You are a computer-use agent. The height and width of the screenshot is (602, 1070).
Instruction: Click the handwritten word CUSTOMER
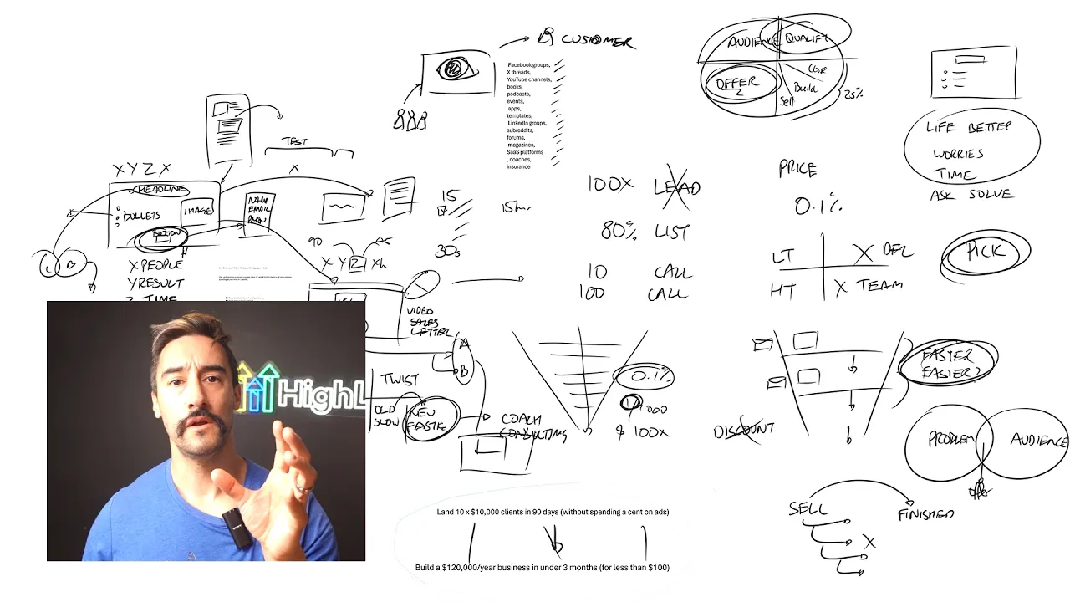click(x=598, y=40)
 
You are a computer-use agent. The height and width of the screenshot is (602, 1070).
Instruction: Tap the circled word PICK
click(x=986, y=253)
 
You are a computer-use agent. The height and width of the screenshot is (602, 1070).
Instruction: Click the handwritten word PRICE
click(x=797, y=170)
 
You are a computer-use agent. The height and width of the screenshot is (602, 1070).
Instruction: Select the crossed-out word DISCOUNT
click(x=744, y=431)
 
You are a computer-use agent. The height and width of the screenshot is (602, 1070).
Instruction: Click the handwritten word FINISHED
click(x=925, y=514)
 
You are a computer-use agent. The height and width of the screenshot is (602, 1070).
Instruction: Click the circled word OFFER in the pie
click(x=736, y=84)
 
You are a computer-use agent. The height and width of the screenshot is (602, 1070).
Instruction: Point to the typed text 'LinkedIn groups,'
click(x=527, y=124)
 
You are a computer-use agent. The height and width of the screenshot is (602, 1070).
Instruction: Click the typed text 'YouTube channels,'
click(x=528, y=79)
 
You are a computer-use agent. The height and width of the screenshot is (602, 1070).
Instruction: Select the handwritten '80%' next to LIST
click(x=618, y=230)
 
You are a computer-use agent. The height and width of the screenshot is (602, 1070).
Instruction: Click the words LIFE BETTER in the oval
click(x=968, y=128)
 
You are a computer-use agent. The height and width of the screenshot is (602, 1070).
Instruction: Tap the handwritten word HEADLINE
click(x=163, y=190)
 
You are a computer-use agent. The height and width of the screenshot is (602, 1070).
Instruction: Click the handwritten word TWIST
click(x=400, y=379)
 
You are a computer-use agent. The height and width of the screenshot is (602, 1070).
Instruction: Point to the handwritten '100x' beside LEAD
click(x=610, y=184)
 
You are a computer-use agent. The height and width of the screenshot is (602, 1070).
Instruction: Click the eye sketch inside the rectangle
click(x=456, y=69)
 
